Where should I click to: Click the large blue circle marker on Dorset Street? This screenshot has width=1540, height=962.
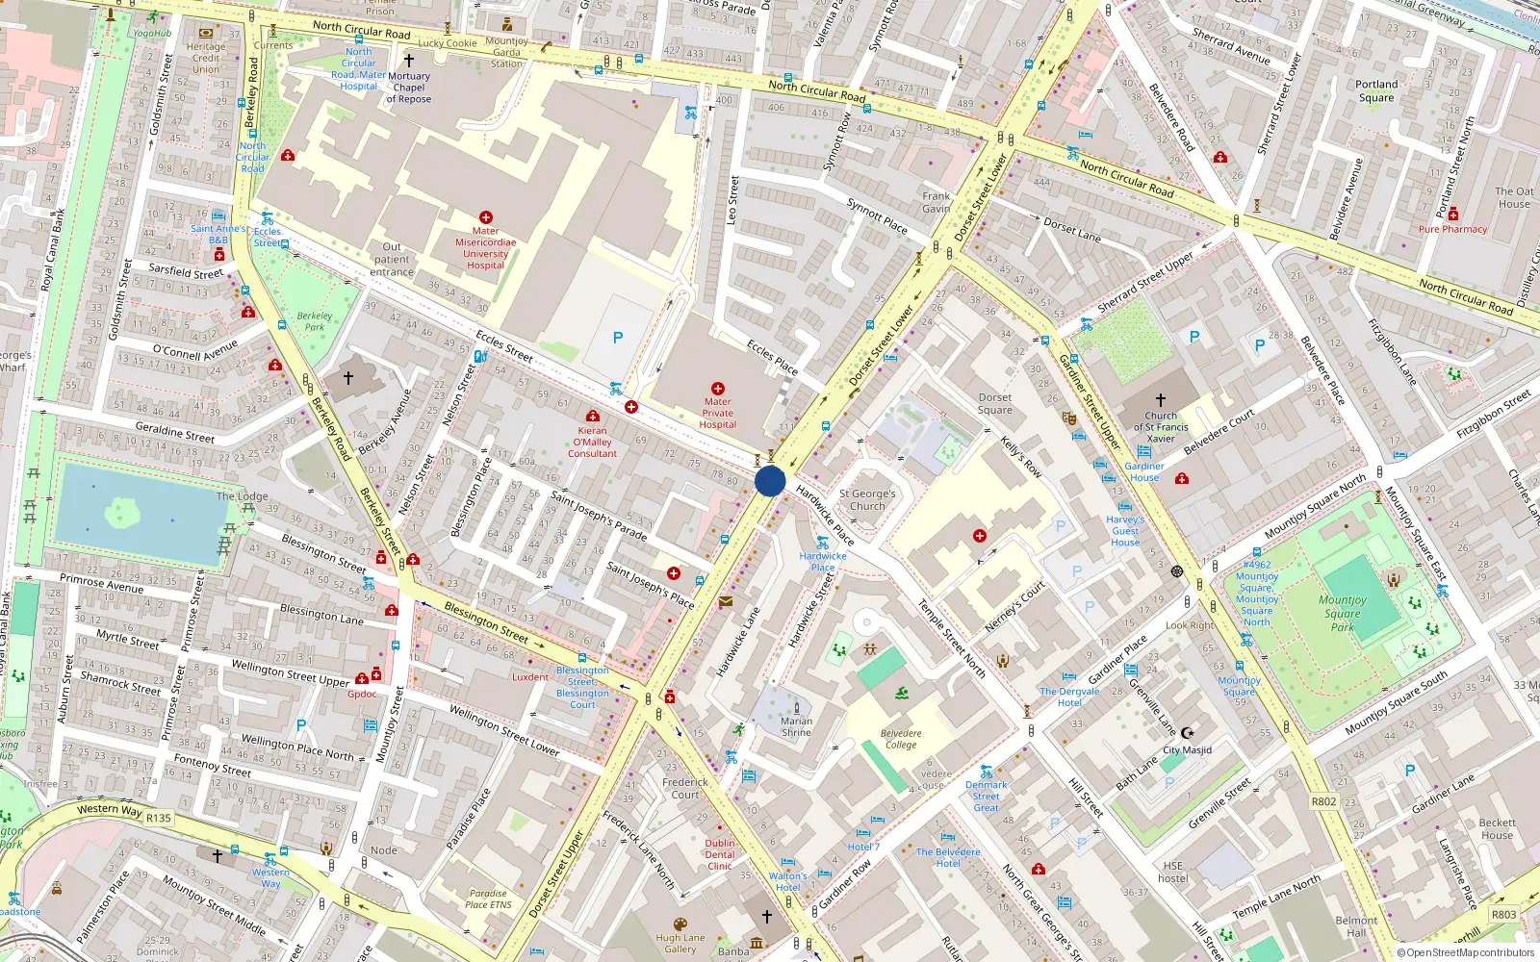pyautogui.click(x=770, y=481)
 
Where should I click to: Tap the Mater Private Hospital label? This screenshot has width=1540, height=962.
pyautogui.click(x=718, y=413)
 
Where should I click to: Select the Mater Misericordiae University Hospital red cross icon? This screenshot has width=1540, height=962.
pyautogui.click(x=486, y=218)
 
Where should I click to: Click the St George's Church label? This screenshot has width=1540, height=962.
pyautogui.click(x=867, y=499)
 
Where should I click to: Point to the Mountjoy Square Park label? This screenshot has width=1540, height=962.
pyautogui.click(x=1343, y=613)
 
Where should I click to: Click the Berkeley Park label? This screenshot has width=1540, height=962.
pyautogui.click(x=315, y=321)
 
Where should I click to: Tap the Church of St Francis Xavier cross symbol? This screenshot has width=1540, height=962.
pyautogui.click(x=1161, y=399)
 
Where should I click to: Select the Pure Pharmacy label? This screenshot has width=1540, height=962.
pyautogui.click(x=1452, y=229)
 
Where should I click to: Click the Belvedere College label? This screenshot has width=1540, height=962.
pyautogui.click(x=901, y=739)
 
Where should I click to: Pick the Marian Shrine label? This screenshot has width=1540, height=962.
pyautogui.click(x=796, y=726)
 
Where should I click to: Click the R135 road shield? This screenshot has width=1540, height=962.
pyautogui.click(x=159, y=819)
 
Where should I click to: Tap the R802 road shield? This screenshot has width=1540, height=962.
pyautogui.click(x=1323, y=801)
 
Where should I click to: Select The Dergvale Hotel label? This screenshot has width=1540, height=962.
pyautogui.click(x=1069, y=696)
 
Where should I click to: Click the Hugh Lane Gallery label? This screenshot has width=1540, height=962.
pyautogui.click(x=680, y=943)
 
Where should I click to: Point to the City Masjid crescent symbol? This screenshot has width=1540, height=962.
pyautogui.click(x=1187, y=733)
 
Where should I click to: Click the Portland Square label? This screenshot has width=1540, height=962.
pyautogui.click(x=1376, y=90)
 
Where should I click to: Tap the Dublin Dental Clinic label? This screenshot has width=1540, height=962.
pyautogui.click(x=720, y=854)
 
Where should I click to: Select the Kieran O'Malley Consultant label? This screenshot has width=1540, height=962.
pyautogui.click(x=592, y=442)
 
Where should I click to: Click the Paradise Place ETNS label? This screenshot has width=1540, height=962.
pyautogui.click(x=488, y=899)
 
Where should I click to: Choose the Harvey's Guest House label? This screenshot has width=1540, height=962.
pyautogui.click(x=1125, y=530)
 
